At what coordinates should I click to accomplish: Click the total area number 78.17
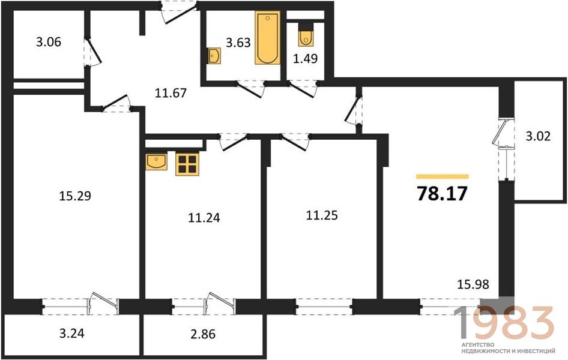(443, 194)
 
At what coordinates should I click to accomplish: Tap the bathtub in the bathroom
(267, 38)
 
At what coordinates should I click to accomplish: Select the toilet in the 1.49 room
(306, 35)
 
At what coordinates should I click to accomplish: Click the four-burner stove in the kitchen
(187, 164)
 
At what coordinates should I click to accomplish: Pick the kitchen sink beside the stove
(157, 161)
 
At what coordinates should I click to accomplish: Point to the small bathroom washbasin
(214, 56)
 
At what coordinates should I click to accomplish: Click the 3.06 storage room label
(49, 42)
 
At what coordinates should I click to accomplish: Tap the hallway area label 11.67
(171, 94)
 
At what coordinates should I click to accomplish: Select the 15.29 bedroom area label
(74, 196)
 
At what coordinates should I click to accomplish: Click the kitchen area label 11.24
(204, 218)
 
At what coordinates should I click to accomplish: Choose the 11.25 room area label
(322, 215)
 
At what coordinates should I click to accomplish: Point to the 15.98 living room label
(473, 284)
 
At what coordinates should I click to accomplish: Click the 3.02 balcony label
(538, 136)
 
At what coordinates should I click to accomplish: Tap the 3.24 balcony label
(71, 333)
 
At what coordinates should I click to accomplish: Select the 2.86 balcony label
(203, 334)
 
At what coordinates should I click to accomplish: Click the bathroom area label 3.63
(238, 43)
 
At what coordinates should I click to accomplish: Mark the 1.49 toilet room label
(306, 58)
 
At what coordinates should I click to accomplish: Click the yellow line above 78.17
(443, 176)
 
